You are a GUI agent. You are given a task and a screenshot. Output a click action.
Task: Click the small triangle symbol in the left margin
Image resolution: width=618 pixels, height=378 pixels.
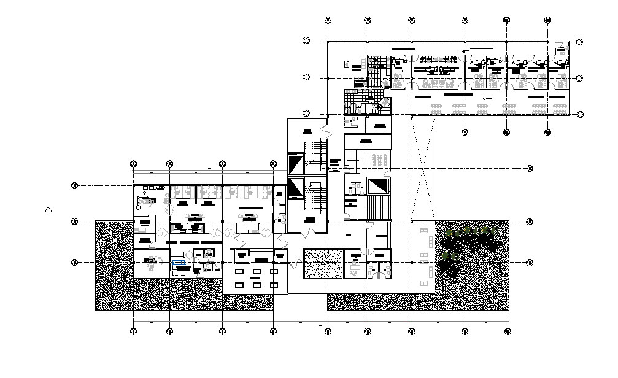pyautogui.click(x=48, y=209)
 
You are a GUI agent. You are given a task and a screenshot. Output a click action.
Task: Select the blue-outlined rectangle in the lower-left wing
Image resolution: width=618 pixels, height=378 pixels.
pyautogui.click(x=179, y=263)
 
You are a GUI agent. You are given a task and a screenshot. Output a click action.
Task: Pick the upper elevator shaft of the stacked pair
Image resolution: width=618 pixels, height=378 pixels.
pyautogui.click(x=296, y=164)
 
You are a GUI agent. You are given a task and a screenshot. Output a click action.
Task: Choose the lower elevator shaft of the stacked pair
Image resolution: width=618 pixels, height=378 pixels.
pyautogui.click(x=296, y=188)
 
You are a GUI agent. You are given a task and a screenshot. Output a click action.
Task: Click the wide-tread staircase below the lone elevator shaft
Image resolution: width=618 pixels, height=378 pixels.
pyautogui.click(x=379, y=207)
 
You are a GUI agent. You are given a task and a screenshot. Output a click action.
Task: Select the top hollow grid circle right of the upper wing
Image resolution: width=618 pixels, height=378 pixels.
pyautogui.click(x=580, y=42)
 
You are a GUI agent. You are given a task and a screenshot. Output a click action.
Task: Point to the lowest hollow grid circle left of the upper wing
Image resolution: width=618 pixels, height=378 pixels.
pyautogui.click(x=306, y=113)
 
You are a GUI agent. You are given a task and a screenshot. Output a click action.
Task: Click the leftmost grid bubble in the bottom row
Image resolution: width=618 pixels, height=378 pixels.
pyautogui.click(x=133, y=331)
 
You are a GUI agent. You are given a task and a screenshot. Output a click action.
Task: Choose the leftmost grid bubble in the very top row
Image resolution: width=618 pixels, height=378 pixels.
pyautogui.click(x=328, y=20)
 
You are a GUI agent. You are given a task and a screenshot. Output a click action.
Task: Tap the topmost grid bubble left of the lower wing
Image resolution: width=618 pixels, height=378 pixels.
pyautogui.click(x=75, y=185)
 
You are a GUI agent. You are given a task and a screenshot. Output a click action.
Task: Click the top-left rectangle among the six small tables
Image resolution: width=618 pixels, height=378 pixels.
pyautogui.click(x=239, y=271)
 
